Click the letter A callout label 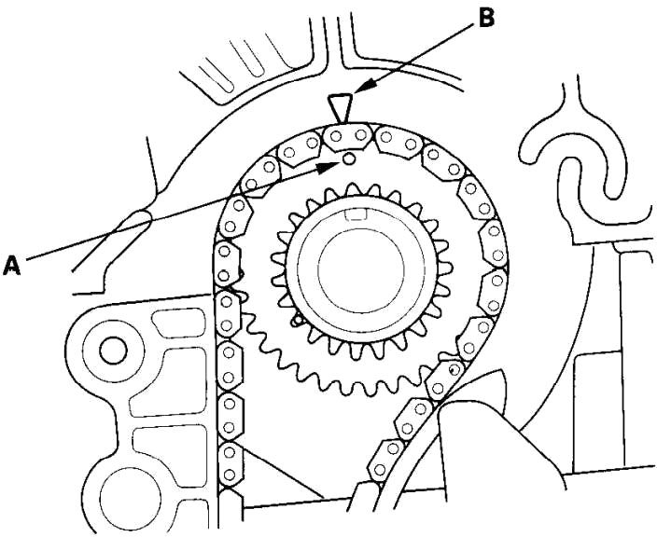pyautogui.click(x=12, y=267)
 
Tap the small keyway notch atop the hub pyautogui.click(x=355, y=217)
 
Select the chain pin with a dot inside pyautogui.click(x=454, y=370)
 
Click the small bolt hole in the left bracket pyautogui.click(x=112, y=351)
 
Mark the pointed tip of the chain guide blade pyautogui.click(x=504, y=372)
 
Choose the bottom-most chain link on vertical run pyautogui.click(x=229, y=466)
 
